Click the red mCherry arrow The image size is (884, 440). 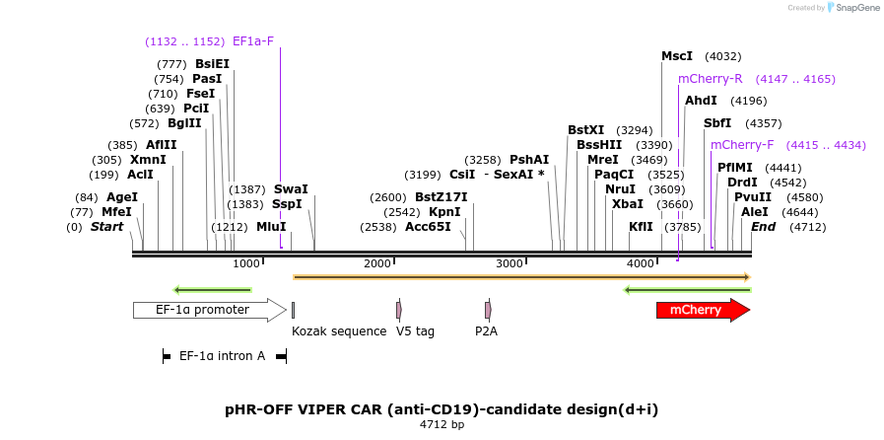pyautogui.click(x=703, y=310)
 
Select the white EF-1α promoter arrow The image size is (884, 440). pyautogui.click(x=210, y=310)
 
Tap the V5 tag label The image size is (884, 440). pyautogui.click(x=416, y=331)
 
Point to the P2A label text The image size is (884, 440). pyautogui.click(x=486, y=331)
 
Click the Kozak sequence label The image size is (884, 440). pyautogui.click(x=339, y=331)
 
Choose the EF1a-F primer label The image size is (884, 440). pyautogui.click(x=253, y=41)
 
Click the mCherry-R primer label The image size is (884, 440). pyautogui.click(x=711, y=79)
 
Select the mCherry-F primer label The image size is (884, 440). pyautogui.click(x=742, y=145)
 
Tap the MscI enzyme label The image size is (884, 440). pyautogui.click(x=677, y=56)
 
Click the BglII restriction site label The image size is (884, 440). pyautogui.click(x=184, y=123)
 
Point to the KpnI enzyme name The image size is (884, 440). pyautogui.click(x=444, y=212)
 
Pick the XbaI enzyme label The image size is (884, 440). pyautogui.click(x=628, y=204)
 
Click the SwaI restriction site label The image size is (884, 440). pyautogui.click(x=291, y=189)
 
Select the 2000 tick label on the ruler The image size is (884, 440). pyautogui.click(x=377, y=263)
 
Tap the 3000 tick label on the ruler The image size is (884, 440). pyautogui.click(x=510, y=263)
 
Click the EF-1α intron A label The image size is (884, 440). pyautogui.click(x=222, y=356)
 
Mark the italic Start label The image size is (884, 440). pyautogui.click(x=106, y=227)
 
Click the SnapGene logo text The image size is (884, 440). pyautogui.click(x=857, y=8)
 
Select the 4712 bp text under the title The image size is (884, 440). pyautogui.click(x=442, y=424)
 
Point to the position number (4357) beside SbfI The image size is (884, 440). pyautogui.click(x=764, y=123)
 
